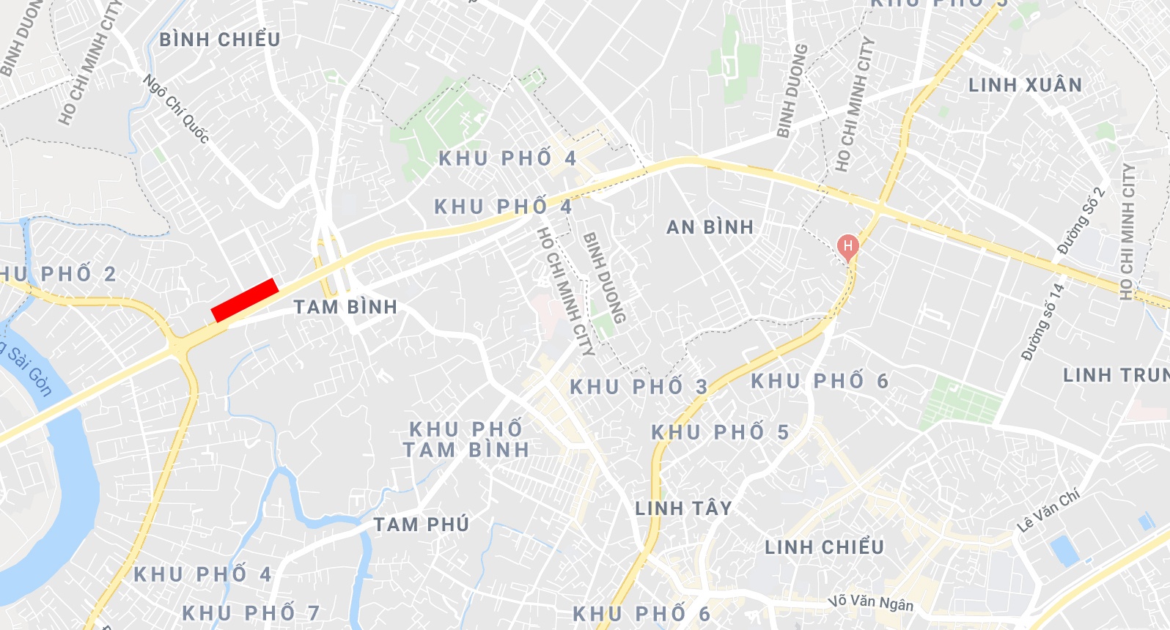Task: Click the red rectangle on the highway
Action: click(x=244, y=300)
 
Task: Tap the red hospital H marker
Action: click(x=847, y=246)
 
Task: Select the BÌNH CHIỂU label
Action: click(x=220, y=40)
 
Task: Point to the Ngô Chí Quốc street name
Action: click(x=176, y=108)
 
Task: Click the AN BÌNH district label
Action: click(x=710, y=227)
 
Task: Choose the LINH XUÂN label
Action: click(x=1025, y=86)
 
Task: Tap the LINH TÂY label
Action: click(x=683, y=508)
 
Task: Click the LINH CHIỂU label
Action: click(x=824, y=547)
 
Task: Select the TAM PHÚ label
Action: click(x=421, y=525)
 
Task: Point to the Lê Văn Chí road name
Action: click(x=1048, y=511)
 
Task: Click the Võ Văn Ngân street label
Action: click(x=871, y=602)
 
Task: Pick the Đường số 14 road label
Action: click(x=1042, y=322)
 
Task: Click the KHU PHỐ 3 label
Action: click(x=639, y=387)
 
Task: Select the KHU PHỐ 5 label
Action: click(x=720, y=432)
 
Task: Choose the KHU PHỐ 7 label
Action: click(x=251, y=612)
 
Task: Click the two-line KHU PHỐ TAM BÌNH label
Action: click(x=466, y=440)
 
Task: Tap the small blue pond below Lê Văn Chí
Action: click(x=1064, y=551)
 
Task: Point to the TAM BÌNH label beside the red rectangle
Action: click(x=345, y=307)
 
